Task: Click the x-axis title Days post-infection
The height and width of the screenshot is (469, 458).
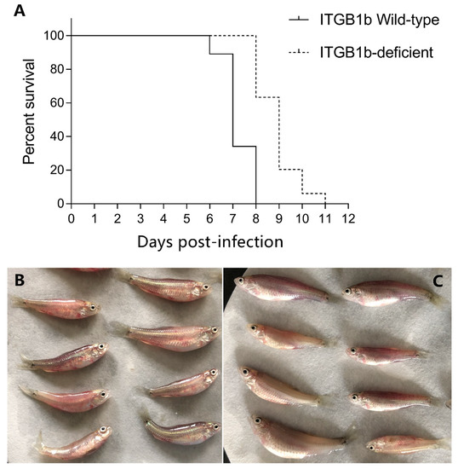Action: [209, 241]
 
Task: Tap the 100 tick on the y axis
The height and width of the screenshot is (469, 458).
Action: [54, 36]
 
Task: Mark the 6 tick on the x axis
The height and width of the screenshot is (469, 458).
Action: [209, 218]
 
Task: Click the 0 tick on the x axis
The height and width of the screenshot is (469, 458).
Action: [72, 218]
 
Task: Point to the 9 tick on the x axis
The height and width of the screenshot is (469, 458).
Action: [278, 218]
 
